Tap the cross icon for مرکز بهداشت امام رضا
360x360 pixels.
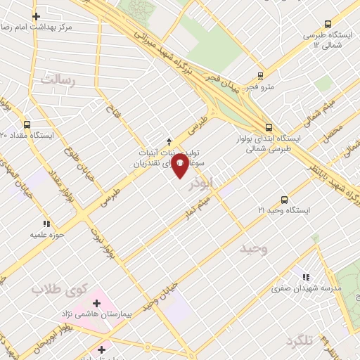point(36,15)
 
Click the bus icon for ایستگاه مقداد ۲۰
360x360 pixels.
point(27,124)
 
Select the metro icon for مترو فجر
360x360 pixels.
point(261,76)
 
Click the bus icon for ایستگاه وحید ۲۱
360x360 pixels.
point(285,200)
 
